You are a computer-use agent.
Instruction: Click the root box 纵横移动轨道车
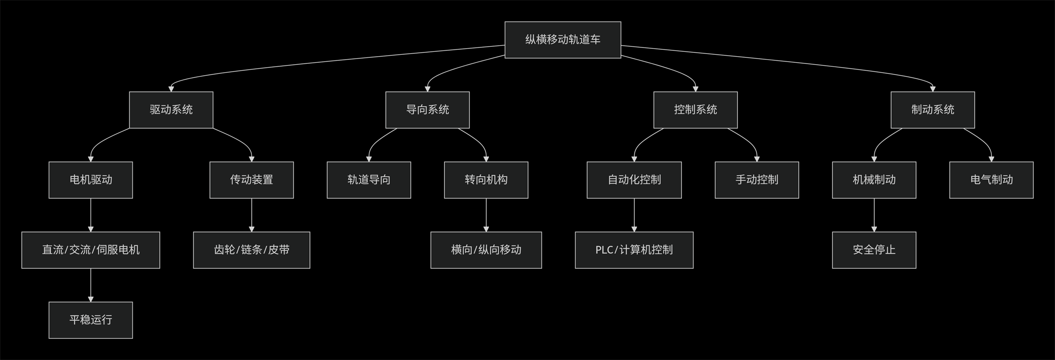563,40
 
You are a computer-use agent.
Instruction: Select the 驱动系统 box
171,110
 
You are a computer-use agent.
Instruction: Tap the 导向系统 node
427,110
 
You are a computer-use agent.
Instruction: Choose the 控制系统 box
695,110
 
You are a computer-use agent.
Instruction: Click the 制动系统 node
932,110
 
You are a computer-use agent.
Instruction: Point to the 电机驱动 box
91,180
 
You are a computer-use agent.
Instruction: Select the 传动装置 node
252,180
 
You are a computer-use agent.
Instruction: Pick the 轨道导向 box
368,180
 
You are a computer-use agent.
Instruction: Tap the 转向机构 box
486,180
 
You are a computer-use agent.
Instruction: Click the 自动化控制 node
634,180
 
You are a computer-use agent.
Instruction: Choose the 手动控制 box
757,180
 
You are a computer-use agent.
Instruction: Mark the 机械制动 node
874,180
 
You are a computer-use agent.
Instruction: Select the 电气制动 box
991,180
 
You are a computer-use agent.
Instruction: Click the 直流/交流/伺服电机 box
91,250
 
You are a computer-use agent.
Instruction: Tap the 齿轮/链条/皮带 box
252,250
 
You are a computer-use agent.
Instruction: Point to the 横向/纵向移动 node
486,250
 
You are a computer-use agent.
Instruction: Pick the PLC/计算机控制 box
634,250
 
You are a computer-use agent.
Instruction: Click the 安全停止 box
874,250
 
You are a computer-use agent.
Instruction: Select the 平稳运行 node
91,320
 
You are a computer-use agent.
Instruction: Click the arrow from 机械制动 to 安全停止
874,215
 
